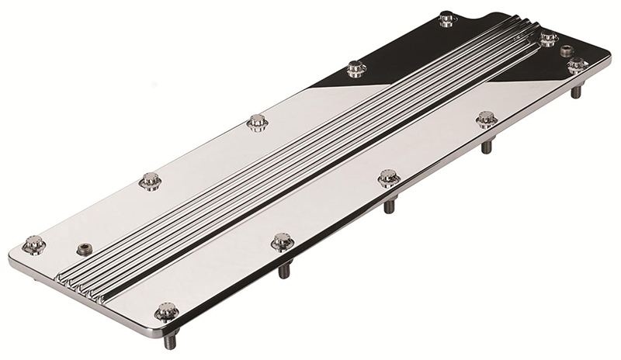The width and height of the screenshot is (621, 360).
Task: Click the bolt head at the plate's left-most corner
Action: point(33,244)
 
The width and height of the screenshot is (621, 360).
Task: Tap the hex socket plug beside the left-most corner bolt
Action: point(85,249)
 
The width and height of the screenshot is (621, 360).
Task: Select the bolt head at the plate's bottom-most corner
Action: point(166,313)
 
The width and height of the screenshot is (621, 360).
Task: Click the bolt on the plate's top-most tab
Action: point(448,19)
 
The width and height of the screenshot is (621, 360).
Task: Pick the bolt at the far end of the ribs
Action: point(548,37)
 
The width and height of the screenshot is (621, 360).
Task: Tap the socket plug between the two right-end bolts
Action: point(566,50)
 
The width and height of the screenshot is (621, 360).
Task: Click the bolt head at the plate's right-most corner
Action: point(577,65)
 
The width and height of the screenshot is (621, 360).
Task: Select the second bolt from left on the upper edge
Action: point(150,181)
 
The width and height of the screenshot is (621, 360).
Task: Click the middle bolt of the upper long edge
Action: point(257,122)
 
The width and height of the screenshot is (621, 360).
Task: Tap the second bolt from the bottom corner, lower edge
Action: point(283,242)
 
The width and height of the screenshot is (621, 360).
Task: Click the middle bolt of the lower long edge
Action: point(389,178)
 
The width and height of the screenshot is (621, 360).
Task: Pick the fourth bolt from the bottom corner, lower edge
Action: point(487,119)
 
